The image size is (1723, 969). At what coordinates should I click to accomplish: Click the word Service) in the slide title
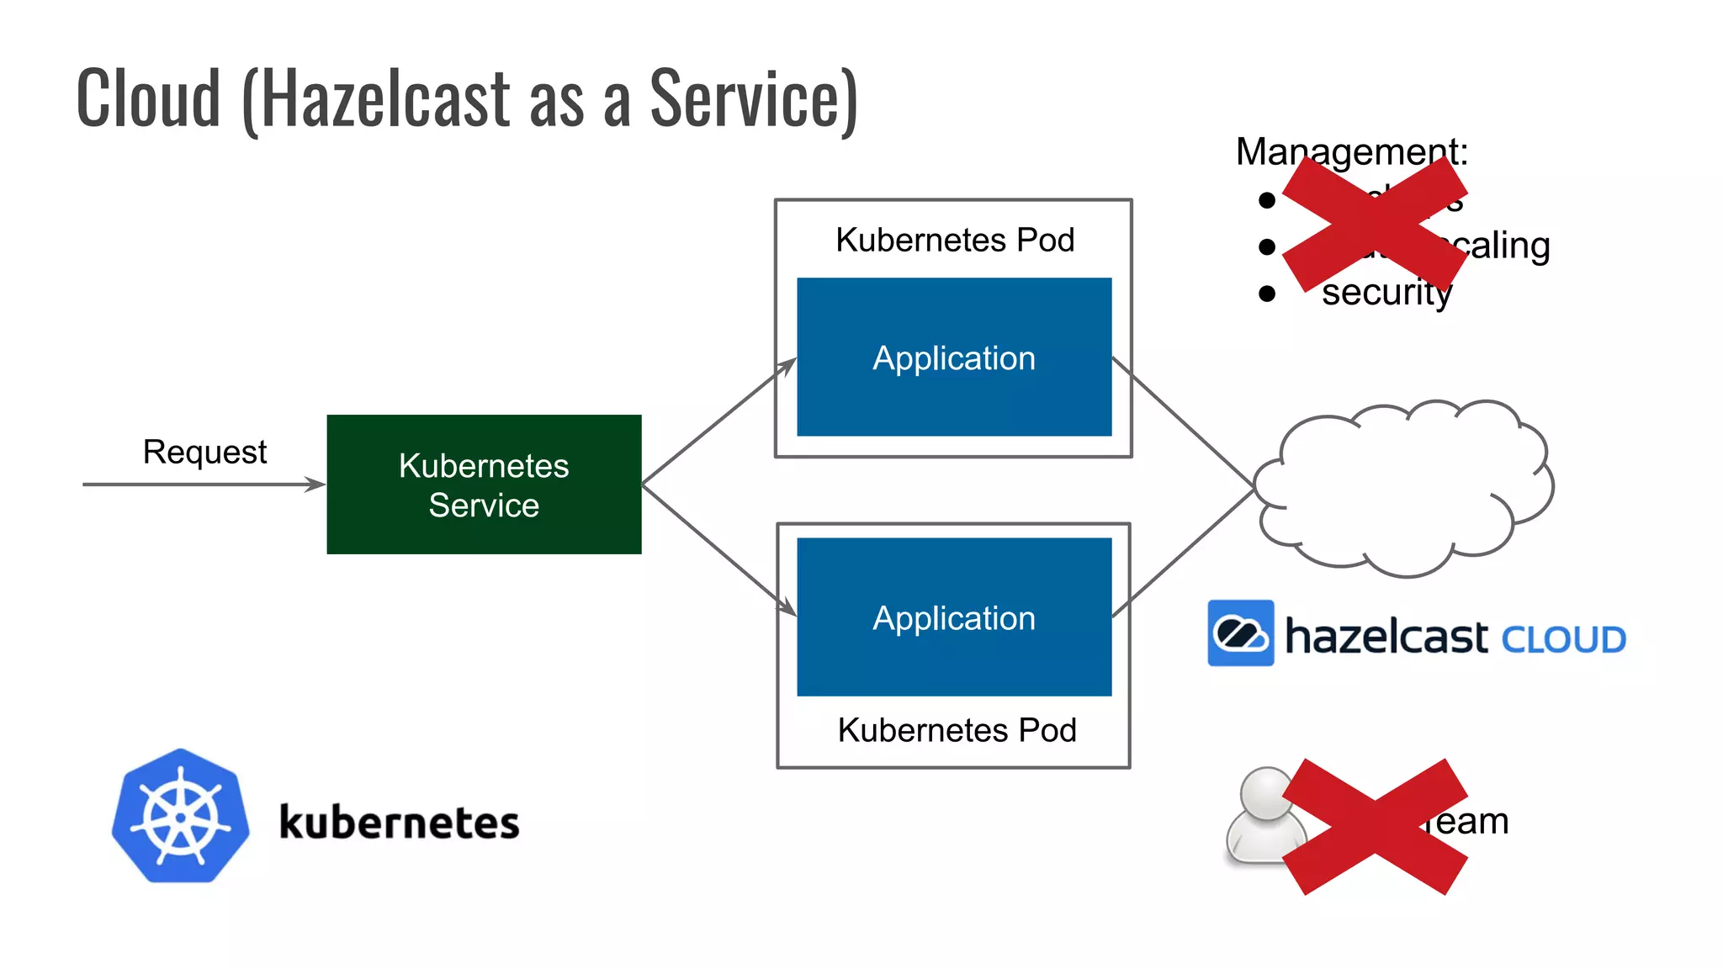click(x=754, y=99)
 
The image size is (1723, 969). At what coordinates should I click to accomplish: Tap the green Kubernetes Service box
click(x=484, y=484)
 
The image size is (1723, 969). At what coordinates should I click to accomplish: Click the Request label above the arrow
click(x=204, y=453)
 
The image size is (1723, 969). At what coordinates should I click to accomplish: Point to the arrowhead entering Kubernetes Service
click(x=316, y=484)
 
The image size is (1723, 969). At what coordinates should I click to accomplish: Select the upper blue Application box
click(x=954, y=357)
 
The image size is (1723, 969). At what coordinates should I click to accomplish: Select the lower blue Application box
click(x=954, y=617)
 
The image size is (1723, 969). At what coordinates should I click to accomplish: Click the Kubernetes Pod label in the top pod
click(x=955, y=241)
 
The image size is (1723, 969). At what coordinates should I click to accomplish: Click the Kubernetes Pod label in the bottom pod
click(x=957, y=730)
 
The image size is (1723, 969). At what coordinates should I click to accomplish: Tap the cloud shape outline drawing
click(x=1403, y=488)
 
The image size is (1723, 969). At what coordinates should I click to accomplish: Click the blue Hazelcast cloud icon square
click(x=1240, y=633)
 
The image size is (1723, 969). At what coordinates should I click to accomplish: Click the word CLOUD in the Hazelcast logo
click(x=1563, y=640)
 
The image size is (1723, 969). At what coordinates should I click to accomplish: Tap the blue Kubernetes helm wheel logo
click(x=181, y=816)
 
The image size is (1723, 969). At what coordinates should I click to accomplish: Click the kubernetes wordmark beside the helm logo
click(x=399, y=823)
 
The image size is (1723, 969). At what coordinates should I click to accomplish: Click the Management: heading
click(x=1351, y=151)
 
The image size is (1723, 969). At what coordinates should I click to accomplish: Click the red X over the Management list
click(x=1376, y=224)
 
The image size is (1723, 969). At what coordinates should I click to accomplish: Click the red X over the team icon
click(x=1376, y=826)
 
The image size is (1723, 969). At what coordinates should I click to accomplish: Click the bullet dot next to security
click(x=1267, y=294)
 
